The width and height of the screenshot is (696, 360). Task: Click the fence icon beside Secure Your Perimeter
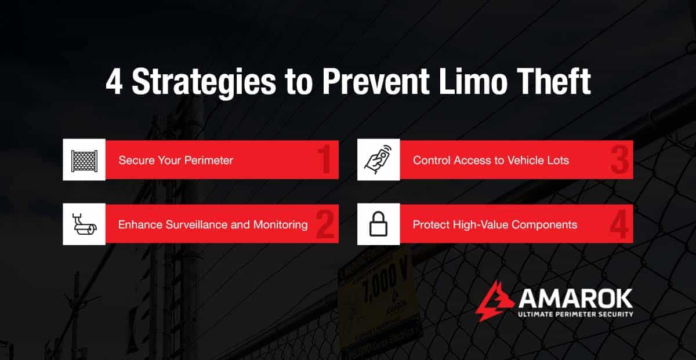[x=84, y=160]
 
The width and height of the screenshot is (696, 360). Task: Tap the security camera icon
[x=84, y=224]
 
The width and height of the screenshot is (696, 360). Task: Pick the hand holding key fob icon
[x=378, y=160]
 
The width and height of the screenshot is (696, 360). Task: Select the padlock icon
[x=378, y=224]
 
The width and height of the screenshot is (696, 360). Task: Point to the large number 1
[x=325, y=161]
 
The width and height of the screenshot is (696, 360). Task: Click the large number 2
[x=325, y=225]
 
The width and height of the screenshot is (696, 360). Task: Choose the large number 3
[x=619, y=161]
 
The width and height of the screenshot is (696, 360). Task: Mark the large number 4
[x=619, y=225]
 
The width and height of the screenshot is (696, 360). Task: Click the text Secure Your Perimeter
[x=176, y=160]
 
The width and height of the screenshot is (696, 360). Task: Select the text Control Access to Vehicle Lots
[x=491, y=160]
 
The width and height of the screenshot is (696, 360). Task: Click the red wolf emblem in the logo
[x=494, y=300]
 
